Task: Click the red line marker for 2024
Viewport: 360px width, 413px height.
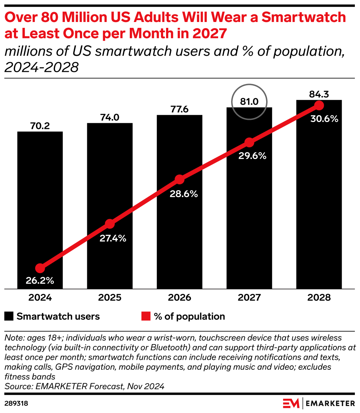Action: tap(40, 268)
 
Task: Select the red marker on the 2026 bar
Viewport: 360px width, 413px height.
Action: tap(180, 179)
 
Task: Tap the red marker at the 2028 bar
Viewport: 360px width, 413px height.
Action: tap(319, 106)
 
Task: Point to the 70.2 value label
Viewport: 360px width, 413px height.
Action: tap(40, 126)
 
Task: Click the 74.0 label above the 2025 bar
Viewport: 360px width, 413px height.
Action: tap(110, 118)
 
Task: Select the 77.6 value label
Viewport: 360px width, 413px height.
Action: tap(180, 109)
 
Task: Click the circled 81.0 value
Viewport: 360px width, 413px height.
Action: tap(249, 102)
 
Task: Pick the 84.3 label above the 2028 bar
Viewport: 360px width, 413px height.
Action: tap(319, 94)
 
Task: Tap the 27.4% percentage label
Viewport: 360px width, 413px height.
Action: tap(113, 238)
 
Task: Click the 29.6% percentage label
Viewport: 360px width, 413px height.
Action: tap(252, 156)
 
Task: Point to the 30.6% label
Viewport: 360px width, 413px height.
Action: tap(324, 119)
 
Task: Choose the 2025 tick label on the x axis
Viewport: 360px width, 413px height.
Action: tap(110, 298)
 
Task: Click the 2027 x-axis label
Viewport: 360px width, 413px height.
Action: tap(249, 298)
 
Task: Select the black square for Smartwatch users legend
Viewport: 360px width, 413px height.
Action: tap(9, 316)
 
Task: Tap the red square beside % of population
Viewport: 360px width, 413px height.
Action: tap(146, 316)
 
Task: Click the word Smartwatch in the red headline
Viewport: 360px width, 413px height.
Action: tap(304, 17)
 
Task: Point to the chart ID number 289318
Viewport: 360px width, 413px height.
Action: tap(16, 403)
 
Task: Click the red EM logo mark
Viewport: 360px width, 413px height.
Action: tap(291, 403)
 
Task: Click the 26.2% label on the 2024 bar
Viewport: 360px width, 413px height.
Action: tap(40, 280)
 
